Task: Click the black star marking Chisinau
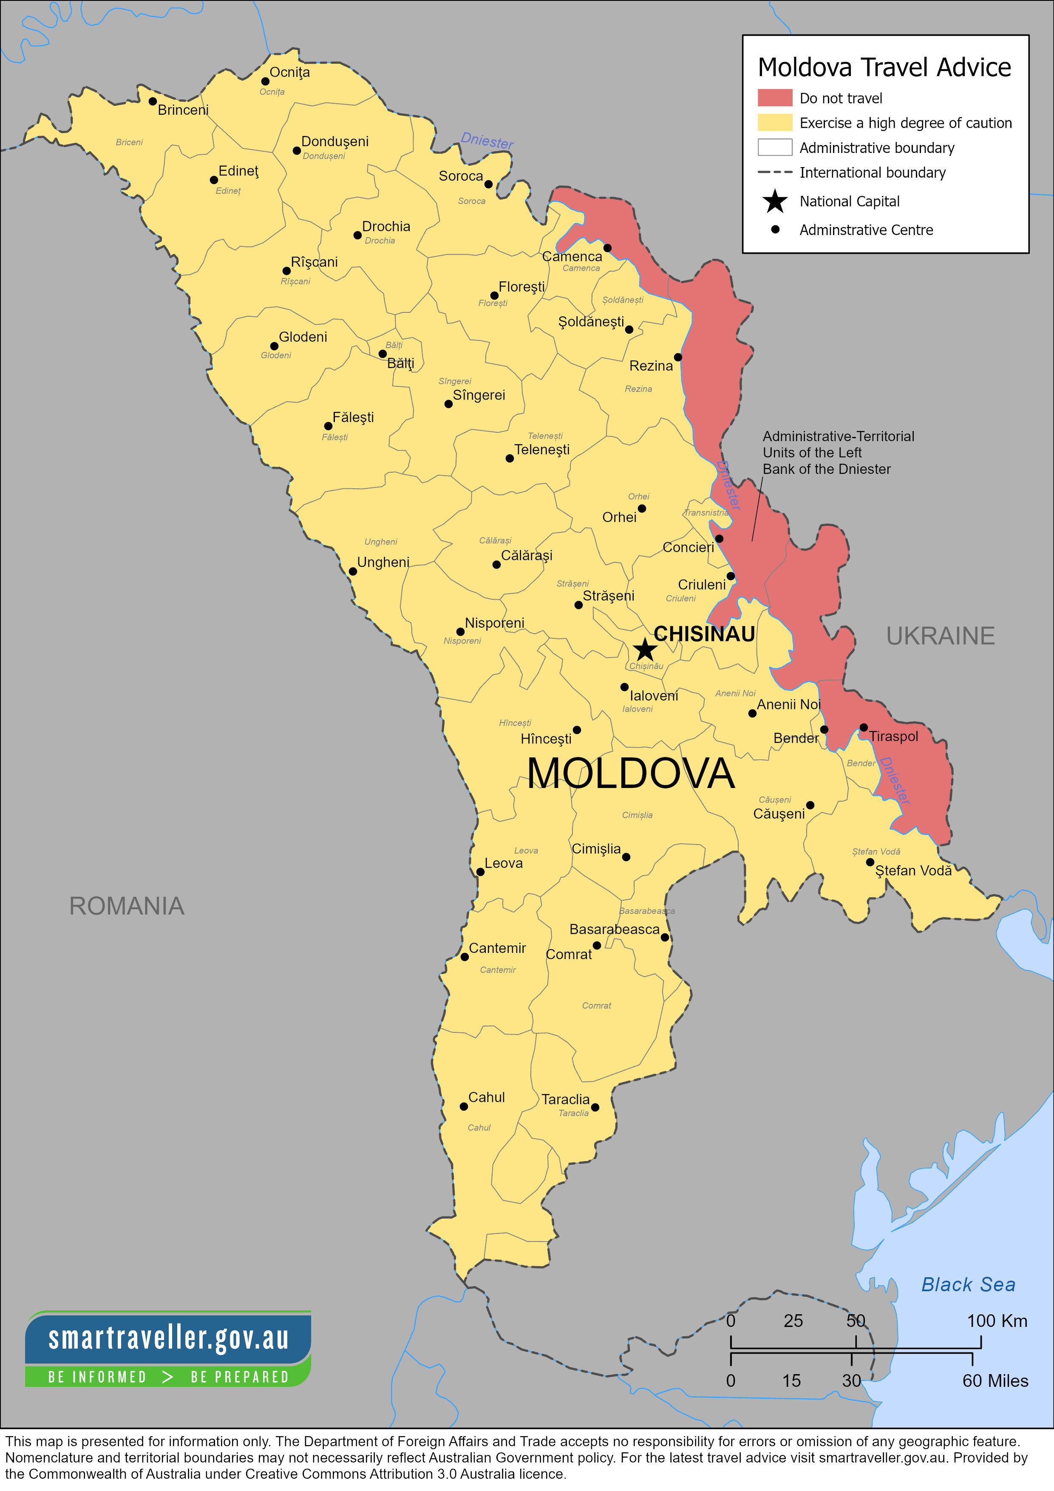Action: pos(644,649)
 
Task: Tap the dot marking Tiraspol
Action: pos(863,727)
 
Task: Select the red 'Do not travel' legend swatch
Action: pos(775,98)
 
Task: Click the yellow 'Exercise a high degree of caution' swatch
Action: pos(775,123)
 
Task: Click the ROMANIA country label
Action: pos(127,906)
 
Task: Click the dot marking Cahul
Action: pos(464,1106)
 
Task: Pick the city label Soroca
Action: pos(460,176)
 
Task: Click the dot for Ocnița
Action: pos(265,81)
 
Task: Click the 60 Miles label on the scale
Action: pos(995,1380)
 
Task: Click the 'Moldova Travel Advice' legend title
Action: pos(884,68)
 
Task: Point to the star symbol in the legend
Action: pos(775,201)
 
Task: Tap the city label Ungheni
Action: pos(383,562)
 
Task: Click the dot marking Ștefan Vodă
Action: pos(870,862)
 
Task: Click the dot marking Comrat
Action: pos(597,945)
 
